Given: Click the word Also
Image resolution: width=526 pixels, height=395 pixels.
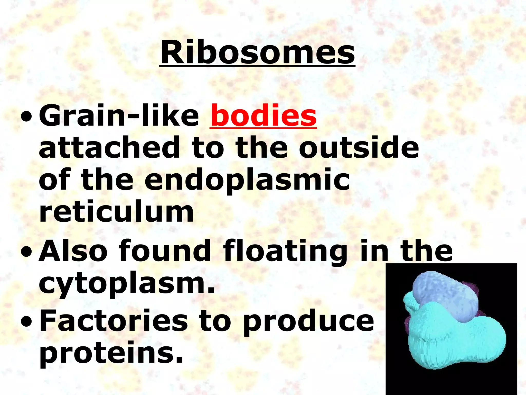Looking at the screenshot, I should [x=73, y=251].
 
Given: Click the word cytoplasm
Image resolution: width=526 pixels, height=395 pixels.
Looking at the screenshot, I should [x=127, y=284].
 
